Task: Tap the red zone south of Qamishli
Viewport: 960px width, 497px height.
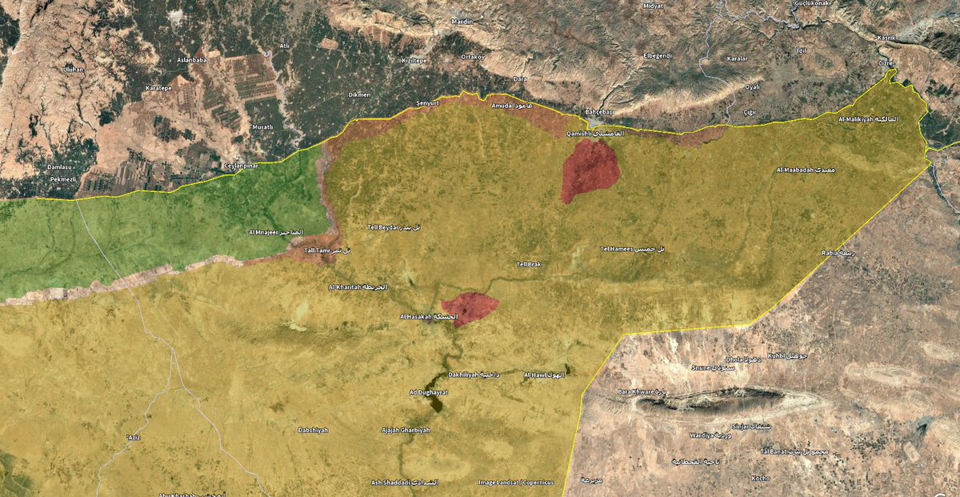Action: click(589, 170)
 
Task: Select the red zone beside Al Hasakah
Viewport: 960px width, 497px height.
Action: click(470, 308)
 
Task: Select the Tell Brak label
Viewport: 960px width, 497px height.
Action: click(530, 264)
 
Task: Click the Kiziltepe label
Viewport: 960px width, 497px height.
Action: click(418, 60)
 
